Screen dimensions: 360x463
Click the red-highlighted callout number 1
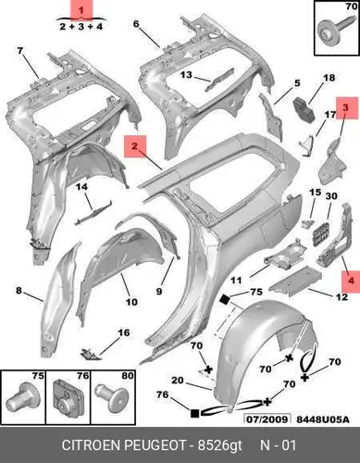[81, 10]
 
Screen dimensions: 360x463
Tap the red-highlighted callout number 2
[134, 145]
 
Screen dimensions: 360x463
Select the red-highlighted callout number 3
[345, 107]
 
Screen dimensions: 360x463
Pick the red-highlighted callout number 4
[351, 281]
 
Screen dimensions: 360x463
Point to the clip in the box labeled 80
[112, 397]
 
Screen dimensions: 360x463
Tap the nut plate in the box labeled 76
[68, 397]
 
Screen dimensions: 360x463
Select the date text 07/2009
[267, 419]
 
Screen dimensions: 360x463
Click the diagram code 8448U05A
[323, 419]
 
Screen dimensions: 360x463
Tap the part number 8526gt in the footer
[219, 445]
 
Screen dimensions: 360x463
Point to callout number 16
[124, 332]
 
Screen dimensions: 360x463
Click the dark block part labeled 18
[304, 109]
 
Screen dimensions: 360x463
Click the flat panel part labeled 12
[295, 279]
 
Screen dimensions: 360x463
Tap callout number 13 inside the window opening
[186, 75]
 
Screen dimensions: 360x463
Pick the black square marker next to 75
[225, 299]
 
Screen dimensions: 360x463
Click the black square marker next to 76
[194, 413]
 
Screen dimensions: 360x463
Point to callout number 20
[178, 381]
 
